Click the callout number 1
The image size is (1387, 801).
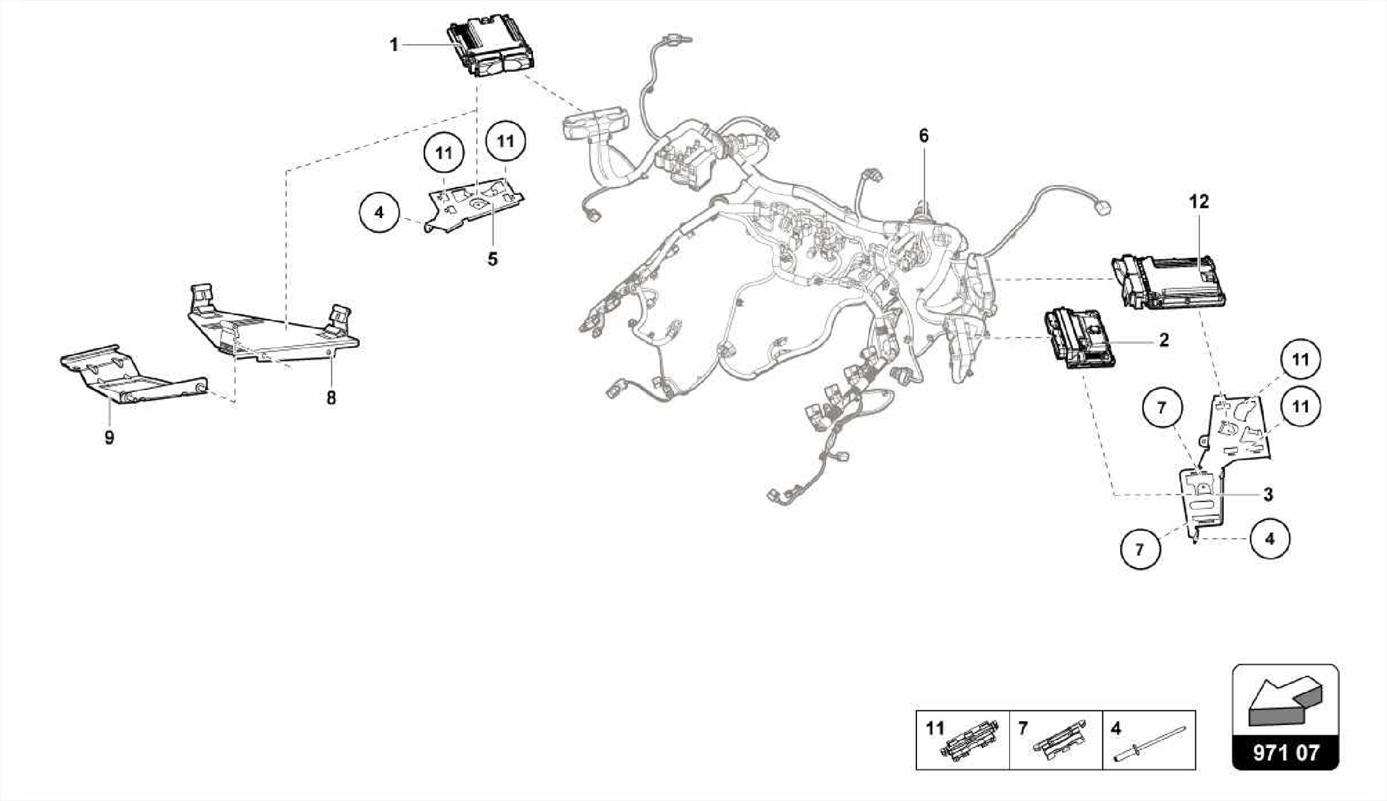pyautogui.click(x=393, y=45)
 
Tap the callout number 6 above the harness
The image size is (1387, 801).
pyautogui.click(x=924, y=136)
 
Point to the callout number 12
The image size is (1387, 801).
pyautogui.click(x=1198, y=202)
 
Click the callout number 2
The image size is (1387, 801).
pyautogui.click(x=1164, y=340)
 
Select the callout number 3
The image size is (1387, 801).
pyautogui.click(x=1268, y=494)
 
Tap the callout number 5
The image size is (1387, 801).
pyautogui.click(x=492, y=259)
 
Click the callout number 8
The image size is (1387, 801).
pyautogui.click(x=330, y=398)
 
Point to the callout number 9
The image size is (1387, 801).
pyautogui.click(x=109, y=438)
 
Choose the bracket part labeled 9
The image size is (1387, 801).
pyautogui.click(x=132, y=374)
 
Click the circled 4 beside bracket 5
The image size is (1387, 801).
pyautogui.click(x=379, y=213)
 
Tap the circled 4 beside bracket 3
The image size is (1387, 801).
pyautogui.click(x=1269, y=539)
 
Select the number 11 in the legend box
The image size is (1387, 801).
pyautogui.click(x=935, y=729)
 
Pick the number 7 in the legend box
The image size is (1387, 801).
pyautogui.click(x=1023, y=729)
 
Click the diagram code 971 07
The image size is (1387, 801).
pyautogui.click(x=1285, y=753)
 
